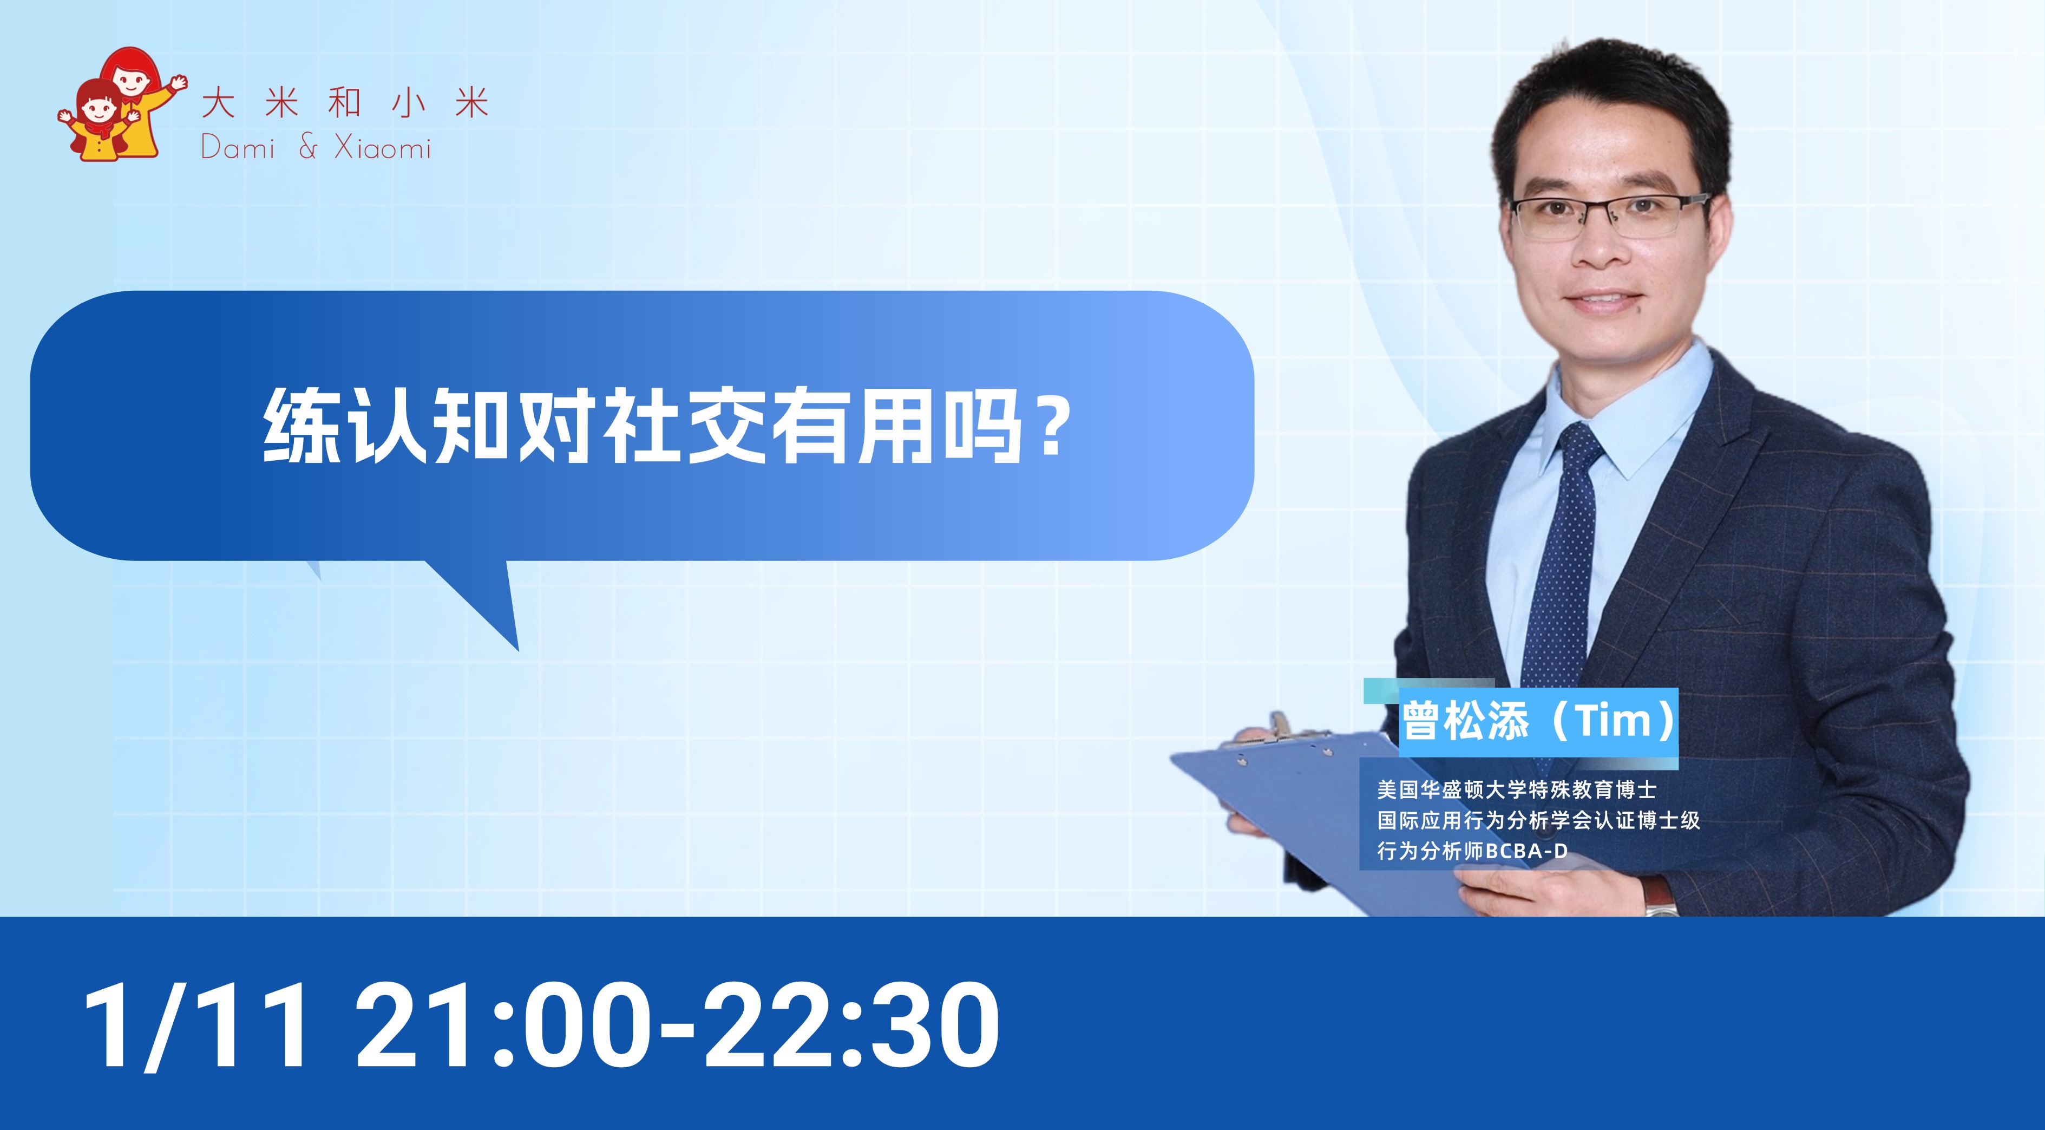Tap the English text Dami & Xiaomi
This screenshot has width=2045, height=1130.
pos(316,148)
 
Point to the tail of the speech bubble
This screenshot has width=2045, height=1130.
pos(476,599)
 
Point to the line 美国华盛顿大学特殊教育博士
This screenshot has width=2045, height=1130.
pos(1516,789)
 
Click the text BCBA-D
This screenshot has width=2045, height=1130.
pos(1526,851)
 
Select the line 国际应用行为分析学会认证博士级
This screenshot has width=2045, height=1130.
pos(1538,820)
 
